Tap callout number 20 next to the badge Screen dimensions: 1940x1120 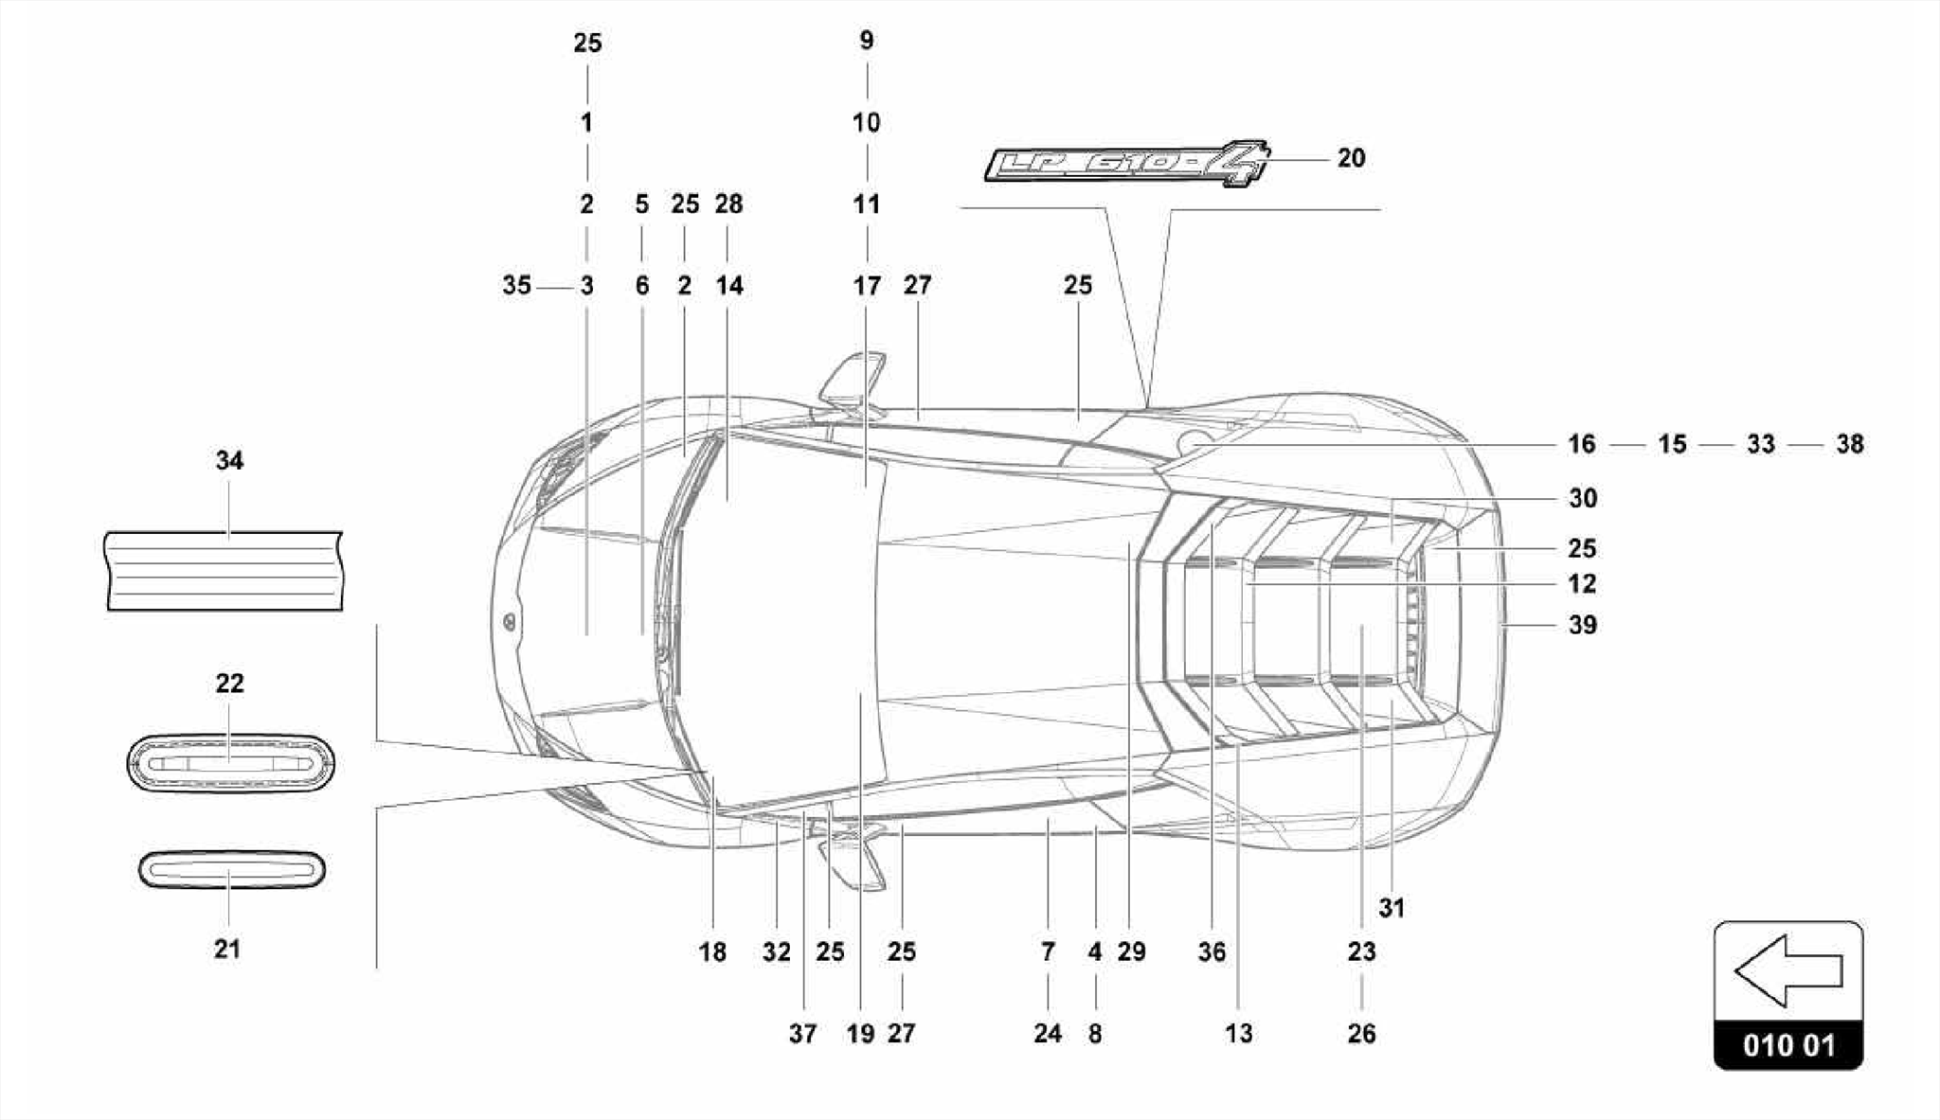pos(1351,158)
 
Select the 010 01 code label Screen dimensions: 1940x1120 pos(1788,1046)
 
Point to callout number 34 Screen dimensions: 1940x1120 pos(229,461)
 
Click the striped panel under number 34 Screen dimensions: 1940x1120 pos(224,571)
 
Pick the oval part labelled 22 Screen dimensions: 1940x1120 pos(229,762)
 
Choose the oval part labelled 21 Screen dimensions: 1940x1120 pos(231,869)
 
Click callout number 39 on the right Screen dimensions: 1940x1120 pos(1582,625)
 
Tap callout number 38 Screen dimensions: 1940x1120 pos(1849,444)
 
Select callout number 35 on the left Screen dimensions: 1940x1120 pos(516,285)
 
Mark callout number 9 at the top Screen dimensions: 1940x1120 pos(867,41)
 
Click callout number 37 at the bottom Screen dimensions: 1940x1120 pos(802,1034)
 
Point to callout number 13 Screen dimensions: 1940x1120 pos(1238,1034)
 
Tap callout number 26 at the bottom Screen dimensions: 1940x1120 pos(1361,1034)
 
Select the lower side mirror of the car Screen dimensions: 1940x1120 pos(852,857)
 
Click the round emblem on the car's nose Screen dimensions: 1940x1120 pos(509,622)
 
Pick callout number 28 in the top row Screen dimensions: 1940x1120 pos(728,204)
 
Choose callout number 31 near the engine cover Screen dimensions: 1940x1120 pos(1391,909)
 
